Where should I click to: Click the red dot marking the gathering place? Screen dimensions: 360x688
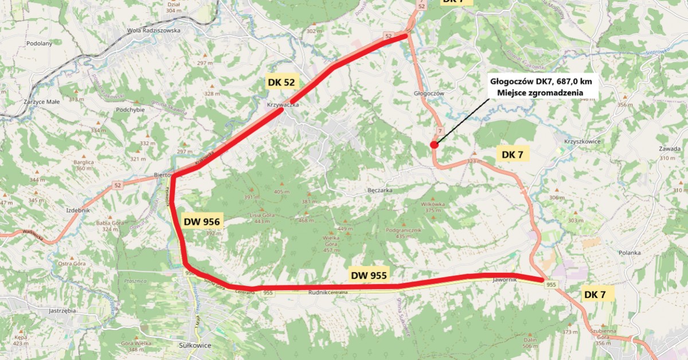point(434,144)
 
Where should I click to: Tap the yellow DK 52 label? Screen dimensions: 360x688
point(281,82)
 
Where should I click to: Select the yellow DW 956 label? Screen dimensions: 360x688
point(201,221)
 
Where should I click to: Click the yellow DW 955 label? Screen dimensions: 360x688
point(368,275)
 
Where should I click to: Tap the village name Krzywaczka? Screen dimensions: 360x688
point(283,105)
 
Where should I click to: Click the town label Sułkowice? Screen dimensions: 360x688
point(196,345)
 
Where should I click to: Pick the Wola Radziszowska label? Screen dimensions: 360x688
point(154,31)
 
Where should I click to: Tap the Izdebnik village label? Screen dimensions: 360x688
point(79,210)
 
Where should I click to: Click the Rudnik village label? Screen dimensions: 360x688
point(317,292)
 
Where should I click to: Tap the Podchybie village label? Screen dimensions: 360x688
point(133,109)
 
